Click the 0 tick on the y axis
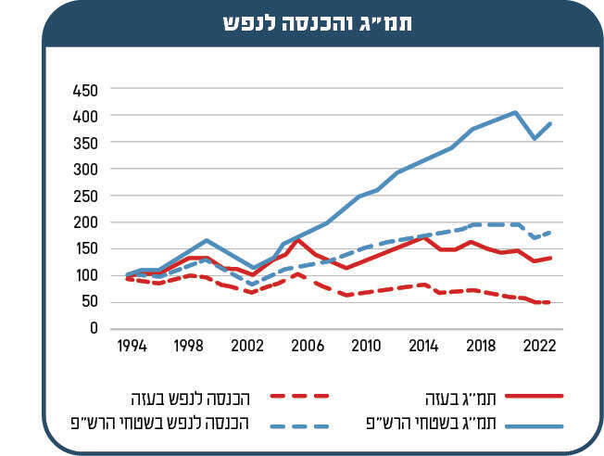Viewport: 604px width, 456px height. tap(94, 328)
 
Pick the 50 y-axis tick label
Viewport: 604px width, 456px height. tap(87, 302)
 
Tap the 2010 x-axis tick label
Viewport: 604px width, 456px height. tap(366, 345)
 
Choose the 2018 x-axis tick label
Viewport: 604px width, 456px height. tap(480, 345)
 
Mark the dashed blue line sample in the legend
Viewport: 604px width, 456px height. tap(300, 424)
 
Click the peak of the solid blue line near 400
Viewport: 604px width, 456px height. tap(515, 112)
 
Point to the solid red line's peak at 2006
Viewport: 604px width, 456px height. tap(298, 240)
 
